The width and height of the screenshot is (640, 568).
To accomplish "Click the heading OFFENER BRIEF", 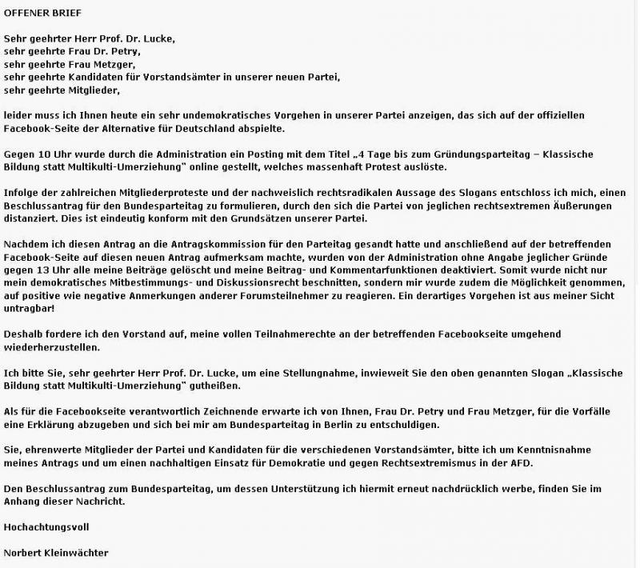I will point(42,14).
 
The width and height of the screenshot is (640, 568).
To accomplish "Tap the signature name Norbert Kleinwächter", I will point(55,553).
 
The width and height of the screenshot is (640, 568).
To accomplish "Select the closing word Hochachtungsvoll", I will point(46,527).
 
